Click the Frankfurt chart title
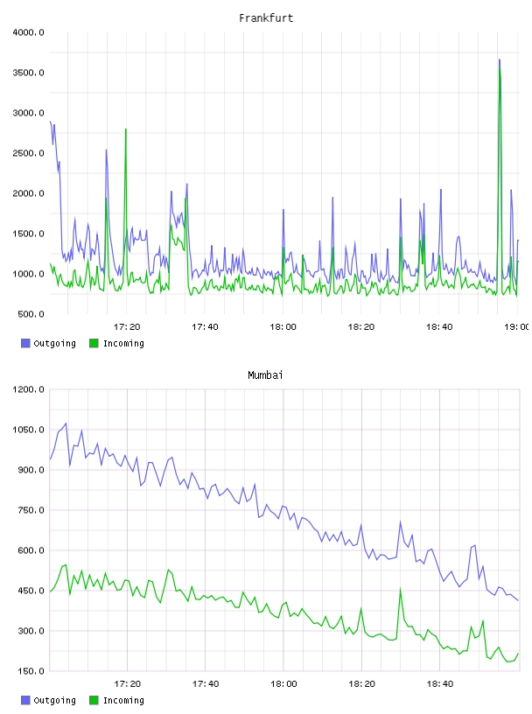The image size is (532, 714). click(x=266, y=18)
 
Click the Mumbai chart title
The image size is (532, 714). click(x=265, y=375)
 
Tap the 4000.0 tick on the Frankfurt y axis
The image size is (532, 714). click(x=29, y=32)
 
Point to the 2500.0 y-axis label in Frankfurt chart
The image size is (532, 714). click(x=29, y=153)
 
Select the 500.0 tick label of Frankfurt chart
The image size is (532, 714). click(x=31, y=314)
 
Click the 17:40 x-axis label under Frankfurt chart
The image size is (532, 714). click(x=205, y=327)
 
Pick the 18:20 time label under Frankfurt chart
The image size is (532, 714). click(x=361, y=327)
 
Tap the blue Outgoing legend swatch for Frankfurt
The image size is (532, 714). click(x=25, y=343)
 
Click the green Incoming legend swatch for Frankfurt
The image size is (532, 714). click(x=94, y=343)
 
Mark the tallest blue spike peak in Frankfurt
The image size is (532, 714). click(x=500, y=59)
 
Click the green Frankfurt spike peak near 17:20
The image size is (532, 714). click(x=126, y=129)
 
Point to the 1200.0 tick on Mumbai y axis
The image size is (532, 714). click(x=29, y=389)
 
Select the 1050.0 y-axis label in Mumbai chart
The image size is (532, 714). click(x=29, y=430)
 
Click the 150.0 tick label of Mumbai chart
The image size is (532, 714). click(x=31, y=671)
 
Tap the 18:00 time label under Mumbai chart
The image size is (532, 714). click(x=283, y=684)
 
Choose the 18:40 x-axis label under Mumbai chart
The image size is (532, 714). click(x=440, y=684)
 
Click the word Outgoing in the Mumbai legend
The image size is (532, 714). click(x=54, y=701)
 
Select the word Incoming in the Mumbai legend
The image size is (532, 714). click(x=123, y=701)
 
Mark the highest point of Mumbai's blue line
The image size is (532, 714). click(x=66, y=423)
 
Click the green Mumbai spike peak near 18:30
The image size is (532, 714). click(x=401, y=589)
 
